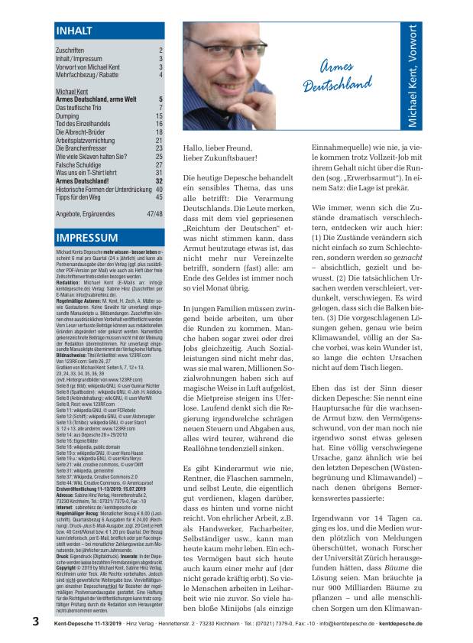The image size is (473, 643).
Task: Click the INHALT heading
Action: pyautogui.click(x=75, y=31)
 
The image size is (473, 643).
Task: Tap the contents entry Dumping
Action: pyautogui.click(x=70, y=115)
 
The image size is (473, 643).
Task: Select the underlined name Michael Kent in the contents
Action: pyautogui.click(x=72, y=91)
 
